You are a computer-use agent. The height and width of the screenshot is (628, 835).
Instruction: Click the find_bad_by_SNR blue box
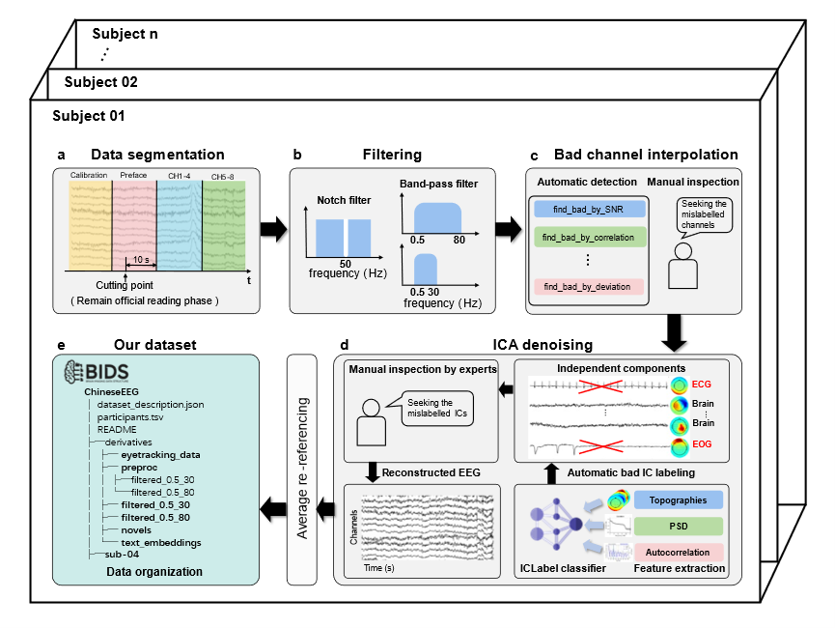(x=590, y=209)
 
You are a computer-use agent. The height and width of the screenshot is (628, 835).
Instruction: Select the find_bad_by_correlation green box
(x=590, y=238)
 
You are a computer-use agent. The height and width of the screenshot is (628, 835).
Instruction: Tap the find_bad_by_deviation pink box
(x=589, y=287)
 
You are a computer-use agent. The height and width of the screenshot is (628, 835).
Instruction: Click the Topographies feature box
(x=678, y=500)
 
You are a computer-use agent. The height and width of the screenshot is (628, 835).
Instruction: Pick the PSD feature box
(x=678, y=527)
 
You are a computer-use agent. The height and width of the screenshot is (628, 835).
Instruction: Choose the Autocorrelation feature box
(x=678, y=553)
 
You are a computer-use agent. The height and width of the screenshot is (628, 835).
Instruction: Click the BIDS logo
(x=97, y=372)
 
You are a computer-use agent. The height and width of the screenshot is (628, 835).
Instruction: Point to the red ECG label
(x=702, y=385)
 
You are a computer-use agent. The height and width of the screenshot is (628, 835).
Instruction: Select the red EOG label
(x=702, y=444)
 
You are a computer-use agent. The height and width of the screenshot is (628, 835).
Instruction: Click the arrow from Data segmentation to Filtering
(x=274, y=229)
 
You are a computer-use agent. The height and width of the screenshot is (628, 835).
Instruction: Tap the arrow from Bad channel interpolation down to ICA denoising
(x=674, y=332)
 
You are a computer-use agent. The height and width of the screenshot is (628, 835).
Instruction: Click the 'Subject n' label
(x=125, y=34)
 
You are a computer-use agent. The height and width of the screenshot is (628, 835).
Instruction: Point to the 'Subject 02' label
(x=100, y=82)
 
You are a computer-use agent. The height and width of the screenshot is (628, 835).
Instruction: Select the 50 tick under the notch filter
(x=345, y=264)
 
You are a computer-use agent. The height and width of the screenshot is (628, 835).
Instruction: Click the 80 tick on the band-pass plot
(x=459, y=240)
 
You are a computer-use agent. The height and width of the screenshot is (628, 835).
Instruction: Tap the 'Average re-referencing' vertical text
(x=302, y=469)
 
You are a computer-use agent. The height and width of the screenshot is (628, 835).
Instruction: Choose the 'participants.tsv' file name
(x=130, y=416)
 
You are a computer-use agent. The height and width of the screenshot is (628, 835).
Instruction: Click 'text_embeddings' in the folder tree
(x=161, y=543)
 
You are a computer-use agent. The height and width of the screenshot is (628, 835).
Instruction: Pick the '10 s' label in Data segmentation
(x=141, y=260)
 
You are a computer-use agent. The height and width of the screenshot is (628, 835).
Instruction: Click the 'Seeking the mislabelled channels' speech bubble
(x=704, y=214)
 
